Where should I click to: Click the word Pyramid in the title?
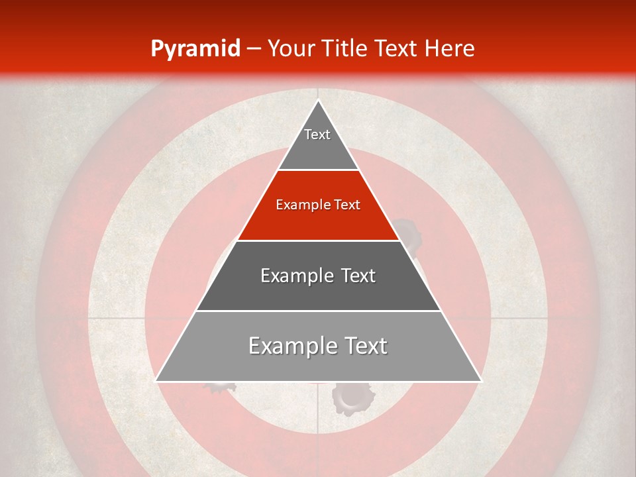click(x=195, y=49)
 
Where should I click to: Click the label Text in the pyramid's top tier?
click(x=317, y=134)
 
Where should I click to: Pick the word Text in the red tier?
click(x=346, y=205)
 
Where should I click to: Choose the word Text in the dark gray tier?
click(x=358, y=276)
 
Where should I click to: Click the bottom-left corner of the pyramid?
click(x=156, y=381)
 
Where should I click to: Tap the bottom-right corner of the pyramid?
click(x=480, y=381)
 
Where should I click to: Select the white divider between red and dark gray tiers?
click(x=319, y=240)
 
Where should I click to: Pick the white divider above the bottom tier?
click(x=319, y=311)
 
